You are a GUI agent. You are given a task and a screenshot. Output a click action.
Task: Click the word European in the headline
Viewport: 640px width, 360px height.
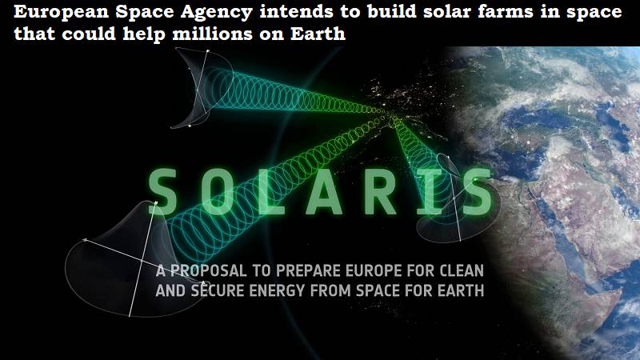62,12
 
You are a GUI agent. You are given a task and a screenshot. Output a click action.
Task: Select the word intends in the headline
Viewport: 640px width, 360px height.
296,11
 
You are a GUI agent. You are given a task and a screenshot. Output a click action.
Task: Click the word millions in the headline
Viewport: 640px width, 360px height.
212,33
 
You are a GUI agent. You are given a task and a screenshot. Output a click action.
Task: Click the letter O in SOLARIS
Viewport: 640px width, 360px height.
217,192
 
